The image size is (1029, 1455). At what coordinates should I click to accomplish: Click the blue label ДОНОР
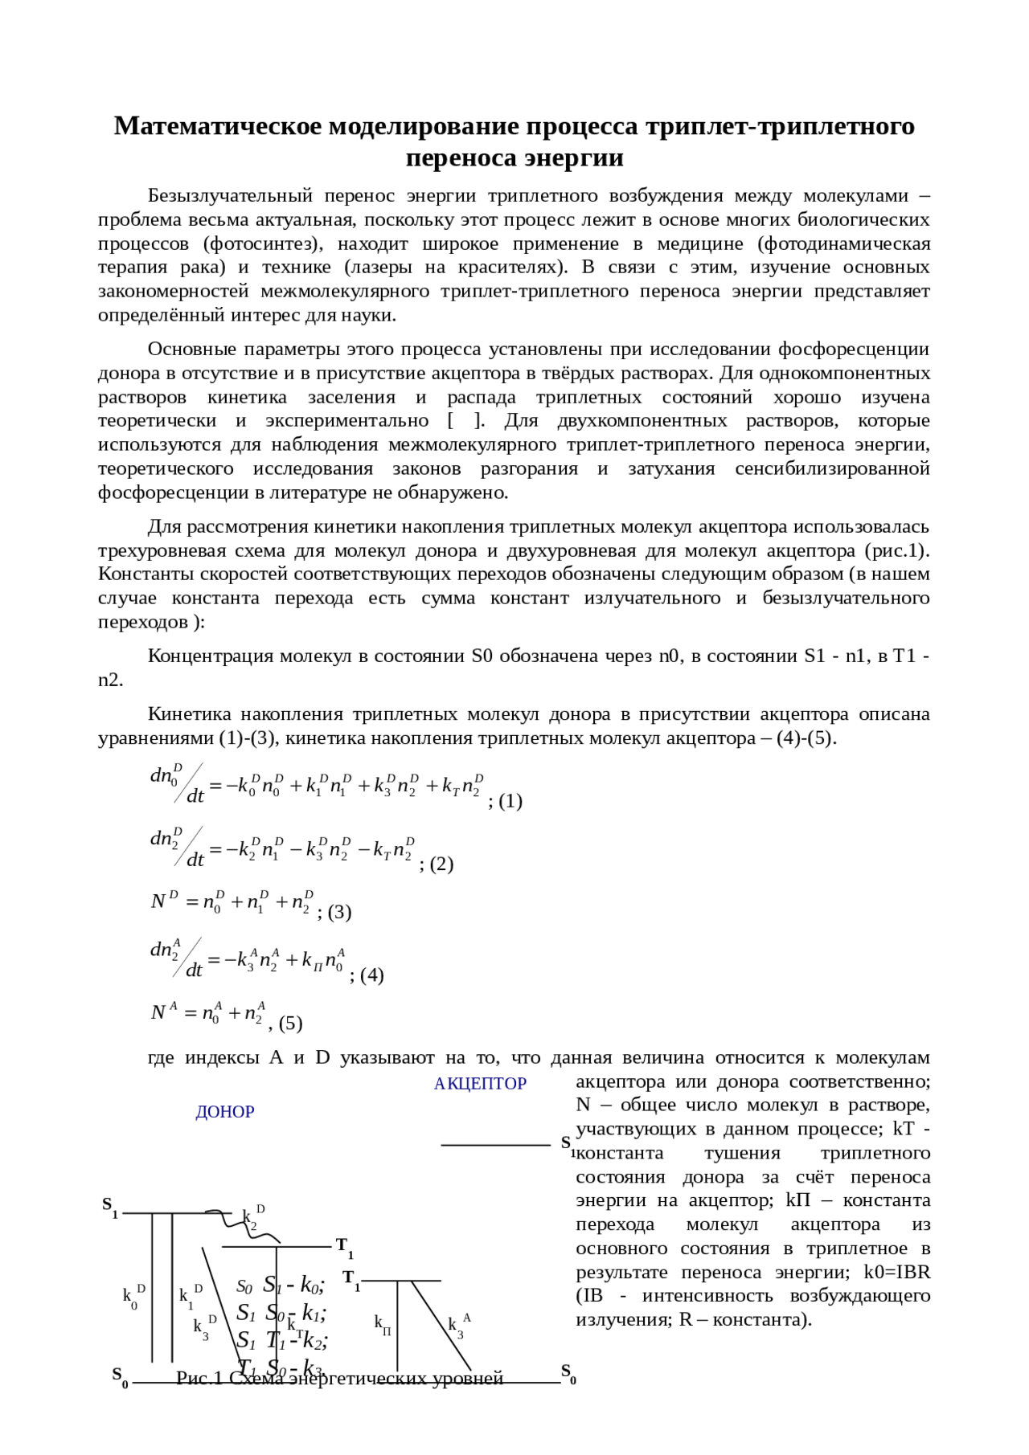pos(225,1112)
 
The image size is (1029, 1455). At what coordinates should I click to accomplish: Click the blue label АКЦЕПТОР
pos(480,1084)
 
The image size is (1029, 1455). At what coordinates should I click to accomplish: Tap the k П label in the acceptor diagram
pos(383,1325)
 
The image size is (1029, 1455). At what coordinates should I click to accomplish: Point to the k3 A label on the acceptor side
pos(459,1326)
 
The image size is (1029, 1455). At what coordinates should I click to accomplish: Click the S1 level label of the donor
pos(110,1206)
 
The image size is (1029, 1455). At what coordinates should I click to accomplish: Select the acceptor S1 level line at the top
pos(495,1145)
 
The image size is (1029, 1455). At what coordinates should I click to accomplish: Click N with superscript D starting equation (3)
pos(164,901)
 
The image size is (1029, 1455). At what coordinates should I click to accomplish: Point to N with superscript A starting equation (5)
pos(164,1012)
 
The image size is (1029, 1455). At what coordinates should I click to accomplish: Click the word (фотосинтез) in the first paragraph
pos(263,243)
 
